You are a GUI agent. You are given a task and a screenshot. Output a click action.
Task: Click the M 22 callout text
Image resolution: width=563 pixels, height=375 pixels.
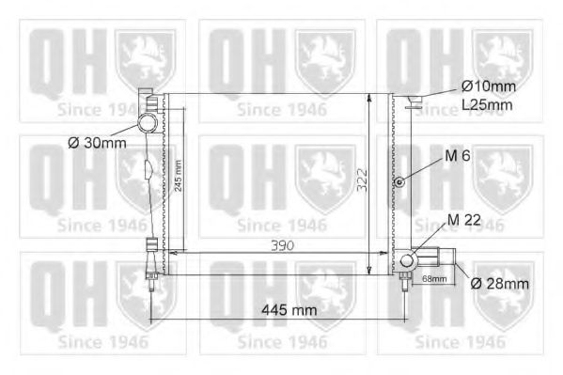[x=466, y=220]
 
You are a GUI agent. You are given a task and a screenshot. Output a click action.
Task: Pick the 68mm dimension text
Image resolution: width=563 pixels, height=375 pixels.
[x=433, y=279]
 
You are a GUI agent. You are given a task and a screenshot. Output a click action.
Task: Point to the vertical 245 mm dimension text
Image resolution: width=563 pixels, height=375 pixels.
[x=178, y=174]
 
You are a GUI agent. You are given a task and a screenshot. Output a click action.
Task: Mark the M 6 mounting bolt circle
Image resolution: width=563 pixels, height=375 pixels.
[x=399, y=180]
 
